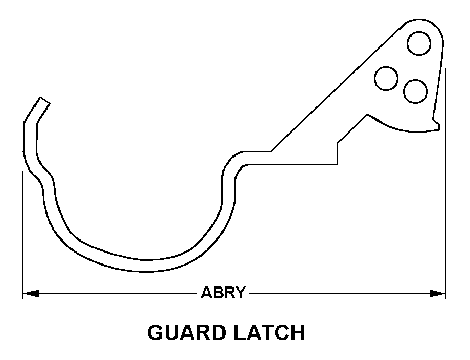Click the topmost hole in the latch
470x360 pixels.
(x=419, y=43)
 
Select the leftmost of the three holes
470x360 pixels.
(x=386, y=78)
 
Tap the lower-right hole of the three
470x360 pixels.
(x=416, y=91)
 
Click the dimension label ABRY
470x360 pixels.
(x=223, y=293)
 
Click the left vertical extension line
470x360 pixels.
(x=22, y=230)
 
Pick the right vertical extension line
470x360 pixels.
(x=445, y=183)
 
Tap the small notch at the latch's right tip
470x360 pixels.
(x=436, y=124)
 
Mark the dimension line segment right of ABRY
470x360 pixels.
(x=339, y=294)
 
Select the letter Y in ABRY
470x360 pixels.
(x=240, y=293)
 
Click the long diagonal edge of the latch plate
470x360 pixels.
(x=334, y=89)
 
